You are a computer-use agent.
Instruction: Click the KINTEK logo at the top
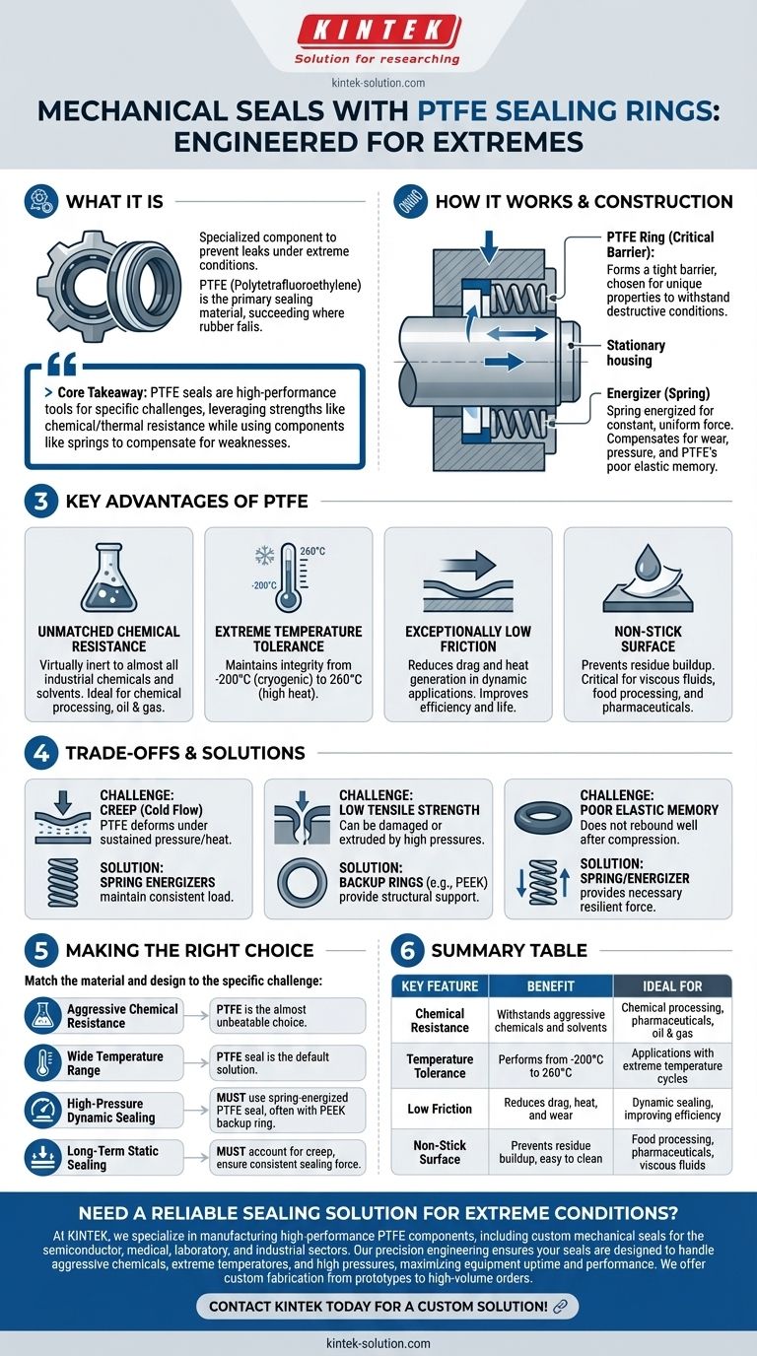[378, 31]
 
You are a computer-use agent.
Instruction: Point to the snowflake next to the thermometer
[264, 556]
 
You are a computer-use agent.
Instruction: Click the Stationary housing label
[636, 353]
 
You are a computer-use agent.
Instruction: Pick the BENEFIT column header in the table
[551, 985]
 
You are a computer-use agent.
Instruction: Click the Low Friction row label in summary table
[440, 1109]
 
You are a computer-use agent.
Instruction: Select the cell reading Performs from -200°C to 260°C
[551, 1066]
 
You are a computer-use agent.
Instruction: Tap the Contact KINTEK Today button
[386, 1306]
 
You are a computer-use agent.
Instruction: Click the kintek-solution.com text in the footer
[378, 1343]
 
